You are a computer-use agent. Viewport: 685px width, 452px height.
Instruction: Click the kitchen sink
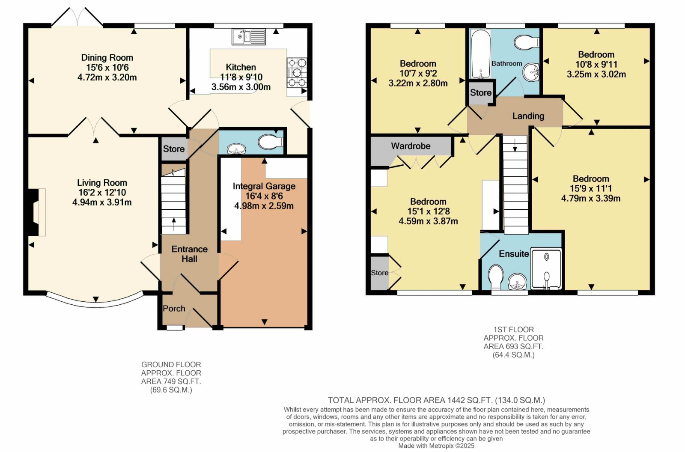[249, 37]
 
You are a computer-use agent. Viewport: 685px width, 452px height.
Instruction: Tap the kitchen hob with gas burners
[297, 73]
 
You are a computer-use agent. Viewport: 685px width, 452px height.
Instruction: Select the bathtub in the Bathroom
[481, 54]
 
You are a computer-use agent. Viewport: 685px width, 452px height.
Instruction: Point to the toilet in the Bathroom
[527, 42]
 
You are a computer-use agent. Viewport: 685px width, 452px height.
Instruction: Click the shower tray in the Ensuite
[546, 269]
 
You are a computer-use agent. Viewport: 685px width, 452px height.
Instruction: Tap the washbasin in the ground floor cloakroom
[236, 149]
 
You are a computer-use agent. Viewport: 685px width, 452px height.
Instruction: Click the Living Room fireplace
[36, 212]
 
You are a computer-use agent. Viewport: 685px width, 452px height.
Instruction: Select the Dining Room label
[107, 58]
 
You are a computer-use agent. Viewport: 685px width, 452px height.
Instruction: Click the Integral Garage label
[264, 186]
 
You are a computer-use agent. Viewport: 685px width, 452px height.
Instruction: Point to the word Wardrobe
[411, 146]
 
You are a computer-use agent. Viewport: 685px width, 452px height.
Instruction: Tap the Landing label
[528, 116]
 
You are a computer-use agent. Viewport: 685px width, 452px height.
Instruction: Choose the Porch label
[174, 309]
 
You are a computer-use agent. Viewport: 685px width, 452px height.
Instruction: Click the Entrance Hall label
[190, 254]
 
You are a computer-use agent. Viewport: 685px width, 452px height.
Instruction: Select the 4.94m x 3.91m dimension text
[102, 202]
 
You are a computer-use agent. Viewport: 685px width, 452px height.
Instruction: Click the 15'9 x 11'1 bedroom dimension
[591, 188]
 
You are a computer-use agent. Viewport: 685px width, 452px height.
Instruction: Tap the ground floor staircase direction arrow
[174, 224]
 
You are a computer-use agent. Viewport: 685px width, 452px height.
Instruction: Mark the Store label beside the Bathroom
[481, 92]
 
